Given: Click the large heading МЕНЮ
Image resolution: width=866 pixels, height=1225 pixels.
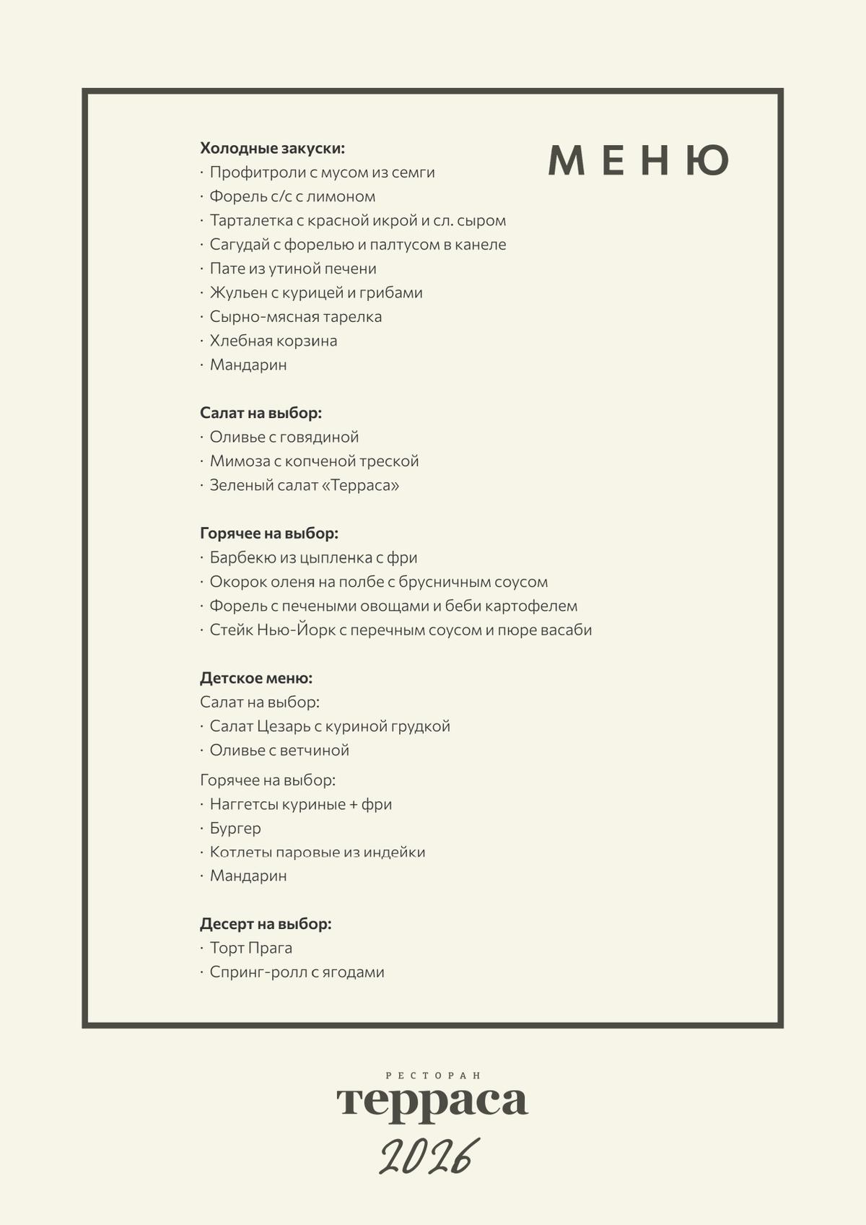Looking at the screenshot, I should click(x=639, y=160).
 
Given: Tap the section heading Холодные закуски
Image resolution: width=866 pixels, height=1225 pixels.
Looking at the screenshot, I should click(x=272, y=148).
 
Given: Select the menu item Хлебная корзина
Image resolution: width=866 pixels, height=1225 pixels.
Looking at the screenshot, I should click(x=273, y=341).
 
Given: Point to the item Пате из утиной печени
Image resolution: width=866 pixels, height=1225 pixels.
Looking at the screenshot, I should click(x=292, y=269).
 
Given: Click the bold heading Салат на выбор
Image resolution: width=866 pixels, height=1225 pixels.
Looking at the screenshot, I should click(x=261, y=413).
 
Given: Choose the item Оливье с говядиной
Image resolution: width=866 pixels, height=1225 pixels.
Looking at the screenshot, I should click(x=284, y=437).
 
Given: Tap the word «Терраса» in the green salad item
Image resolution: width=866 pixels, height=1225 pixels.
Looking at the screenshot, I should click(x=359, y=485).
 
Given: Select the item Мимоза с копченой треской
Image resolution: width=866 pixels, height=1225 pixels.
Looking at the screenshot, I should click(x=314, y=461).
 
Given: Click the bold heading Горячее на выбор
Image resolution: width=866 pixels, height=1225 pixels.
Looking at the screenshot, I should click(x=268, y=533).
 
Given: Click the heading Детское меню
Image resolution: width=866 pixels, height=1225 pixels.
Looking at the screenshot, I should click(x=255, y=678).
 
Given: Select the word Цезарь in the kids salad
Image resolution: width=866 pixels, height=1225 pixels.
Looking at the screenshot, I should click(x=283, y=726).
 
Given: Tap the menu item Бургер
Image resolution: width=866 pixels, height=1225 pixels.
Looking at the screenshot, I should click(x=235, y=828).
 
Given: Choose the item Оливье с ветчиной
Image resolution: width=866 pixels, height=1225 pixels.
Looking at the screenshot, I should click(x=279, y=750).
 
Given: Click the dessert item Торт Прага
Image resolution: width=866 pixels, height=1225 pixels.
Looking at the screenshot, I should click(x=250, y=948).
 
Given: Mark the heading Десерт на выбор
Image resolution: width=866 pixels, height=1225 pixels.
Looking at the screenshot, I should click(x=266, y=924).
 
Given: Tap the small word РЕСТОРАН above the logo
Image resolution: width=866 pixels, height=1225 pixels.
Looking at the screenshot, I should click(x=433, y=1076).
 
